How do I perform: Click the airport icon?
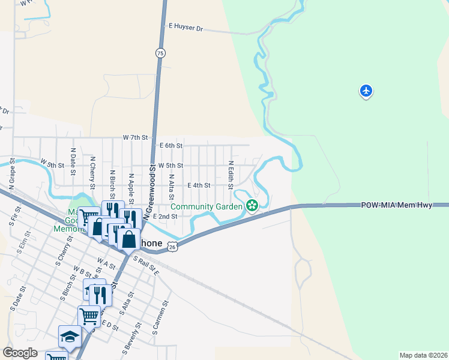click(366, 91)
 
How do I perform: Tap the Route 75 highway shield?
click(160, 53)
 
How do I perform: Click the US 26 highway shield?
click(172, 246)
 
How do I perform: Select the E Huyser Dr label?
click(186, 28)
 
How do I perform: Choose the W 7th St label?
click(135, 137)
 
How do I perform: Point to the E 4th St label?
click(199, 185)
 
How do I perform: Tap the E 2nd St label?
click(165, 216)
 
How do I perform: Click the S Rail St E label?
click(146, 265)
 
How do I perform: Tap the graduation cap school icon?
click(70, 336)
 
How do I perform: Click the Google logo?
click(20, 353)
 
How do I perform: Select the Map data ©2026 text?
click(423, 355)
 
